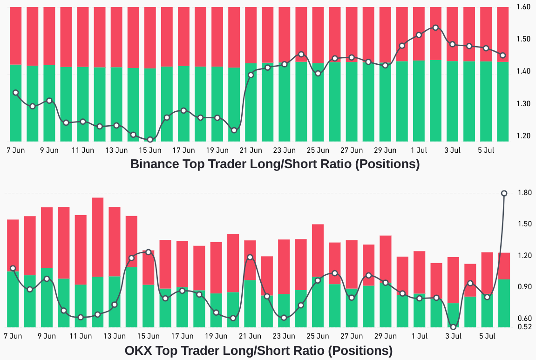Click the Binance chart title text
pyautogui.click(x=275, y=164)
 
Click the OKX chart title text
pyautogui.click(x=258, y=350)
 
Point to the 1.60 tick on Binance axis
pyautogui.click(x=524, y=7)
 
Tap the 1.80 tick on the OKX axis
pyautogui.click(x=524, y=193)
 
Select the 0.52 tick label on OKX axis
pyautogui.click(x=524, y=327)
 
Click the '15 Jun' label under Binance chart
pyautogui.click(x=150, y=150)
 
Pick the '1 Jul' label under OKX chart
pyautogui.click(x=420, y=335)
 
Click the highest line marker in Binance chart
pyautogui.click(x=435, y=28)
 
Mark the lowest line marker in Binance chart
pyautogui.click(x=150, y=139)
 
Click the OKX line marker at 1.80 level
pyautogui.click(x=504, y=193)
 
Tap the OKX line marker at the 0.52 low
pyautogui.click(x=453, y=326)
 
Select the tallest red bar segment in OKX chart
pyautogui.click(x=97, y=237)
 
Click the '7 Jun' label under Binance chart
pyautogui.click(x=15, y=150)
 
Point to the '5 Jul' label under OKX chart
pyautogui.click(x=487, y=335)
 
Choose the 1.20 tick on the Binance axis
pyautogui.click(x=524, y=136)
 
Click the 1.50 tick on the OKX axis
pyautogui.click(x=524, y=224)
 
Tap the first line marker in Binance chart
pyautogui.click(x=15, y=93)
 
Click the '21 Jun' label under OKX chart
pyautogui.click(x=250, y=335)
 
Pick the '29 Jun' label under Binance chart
pyautogui.click(x=385, y=150)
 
